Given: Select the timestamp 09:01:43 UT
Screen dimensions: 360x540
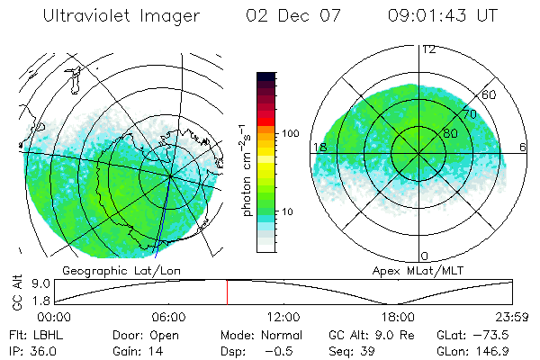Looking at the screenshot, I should [x=443, y=16].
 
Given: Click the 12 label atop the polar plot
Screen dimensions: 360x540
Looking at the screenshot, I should [x=428, y=49].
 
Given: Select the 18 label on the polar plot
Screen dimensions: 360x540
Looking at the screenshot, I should [x=319, y=147].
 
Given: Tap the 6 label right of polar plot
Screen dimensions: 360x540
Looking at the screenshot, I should [x=524, y=147].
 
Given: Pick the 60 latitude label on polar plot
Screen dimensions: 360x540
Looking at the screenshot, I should [x=490, y=95].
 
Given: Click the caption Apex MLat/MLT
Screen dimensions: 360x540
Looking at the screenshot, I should [x=409, y=270].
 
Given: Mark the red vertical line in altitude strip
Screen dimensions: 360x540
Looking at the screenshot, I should [x=227, y=292].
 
